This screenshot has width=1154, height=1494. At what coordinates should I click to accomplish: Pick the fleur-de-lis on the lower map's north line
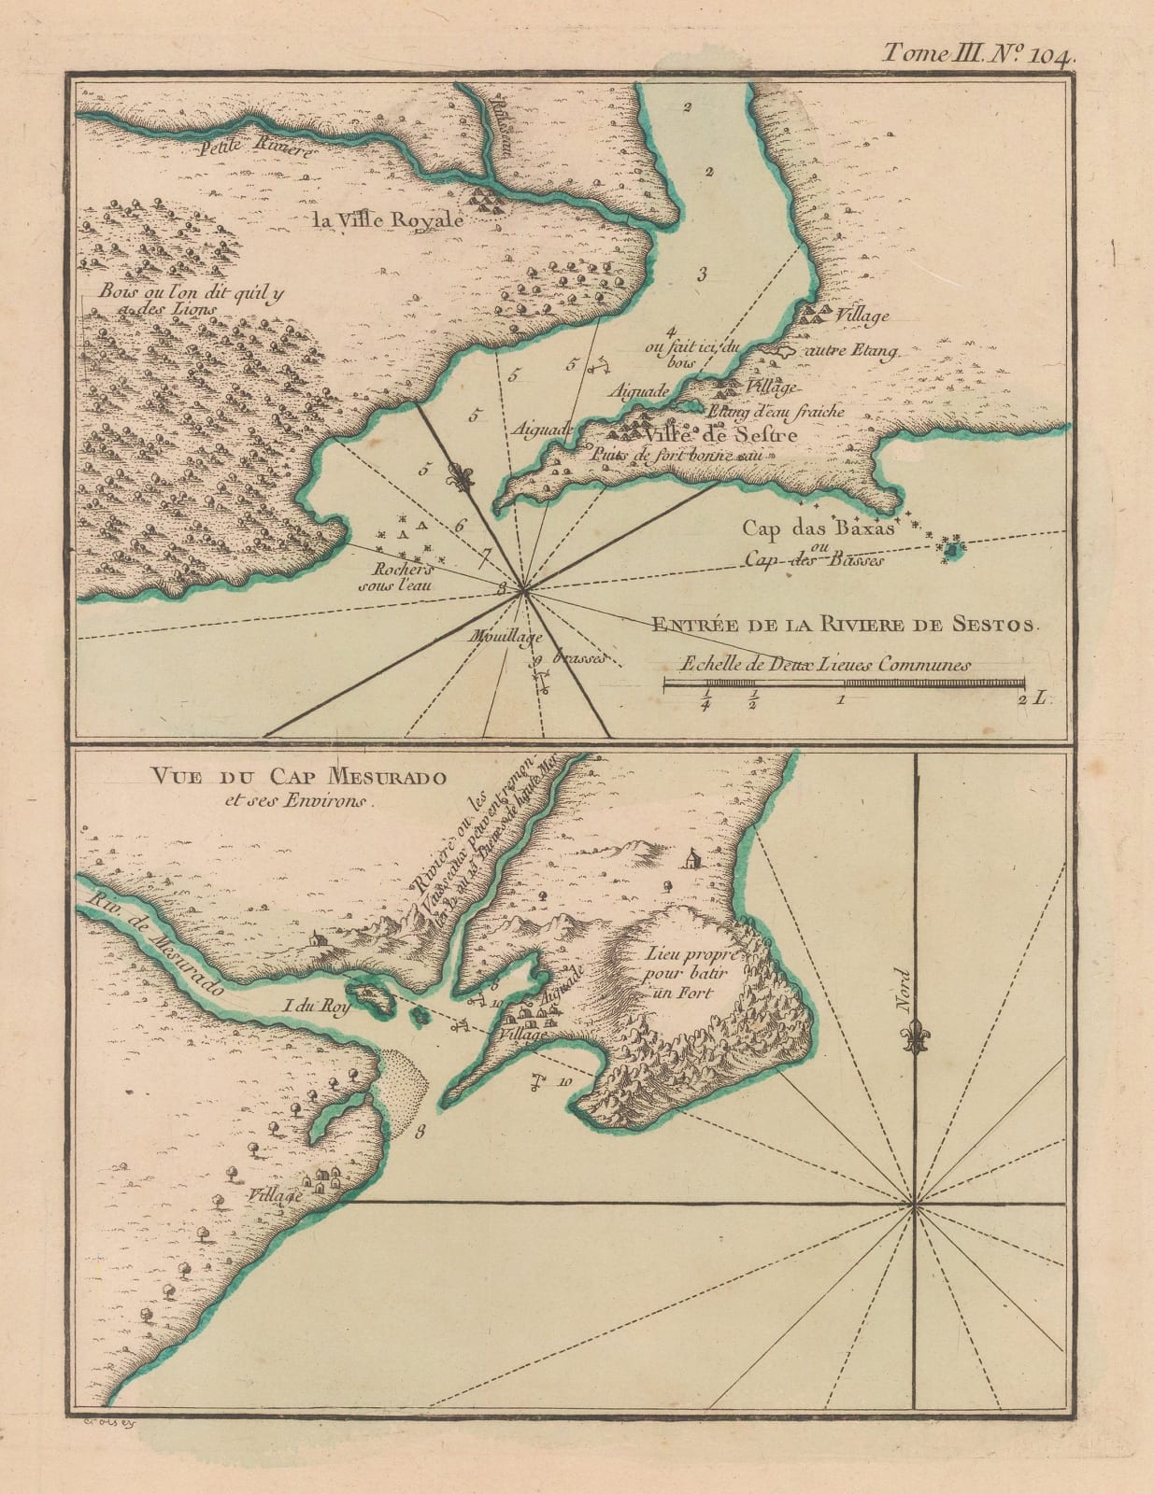(x=916, y=1039)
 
